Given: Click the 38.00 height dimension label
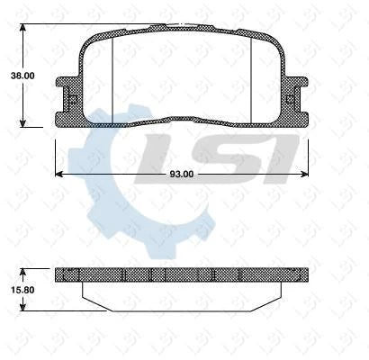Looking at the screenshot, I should [x=22, y=76].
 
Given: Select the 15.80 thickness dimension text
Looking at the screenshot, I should [x=22, y=289].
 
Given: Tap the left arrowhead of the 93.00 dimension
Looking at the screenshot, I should [x=60, y=173].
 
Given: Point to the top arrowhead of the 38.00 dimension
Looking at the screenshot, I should [x=23, y=24].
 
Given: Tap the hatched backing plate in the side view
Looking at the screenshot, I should [x=185, y=274].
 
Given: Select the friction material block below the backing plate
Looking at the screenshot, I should [x=185, y=292].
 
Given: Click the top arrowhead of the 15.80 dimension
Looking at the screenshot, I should [x=23, y=270].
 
